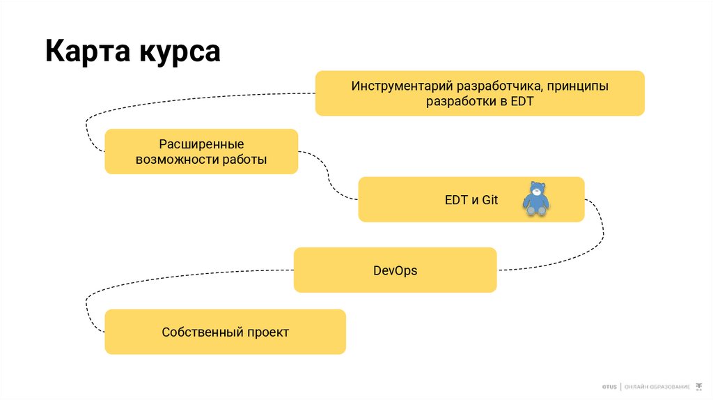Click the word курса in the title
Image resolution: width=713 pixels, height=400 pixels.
(x=178, y=52)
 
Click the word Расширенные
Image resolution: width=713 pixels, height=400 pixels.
(x=201, y=144)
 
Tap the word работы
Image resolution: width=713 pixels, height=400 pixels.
(x=244, y=160)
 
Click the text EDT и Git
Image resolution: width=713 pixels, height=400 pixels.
(x=471, y=200)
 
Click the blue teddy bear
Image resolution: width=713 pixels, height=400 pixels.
(x=536, y=199)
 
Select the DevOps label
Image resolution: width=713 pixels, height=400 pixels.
(x=395, y=270)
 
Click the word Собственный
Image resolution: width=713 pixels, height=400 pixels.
(x=201, y=332)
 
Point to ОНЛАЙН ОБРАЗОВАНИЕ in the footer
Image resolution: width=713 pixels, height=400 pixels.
(x=657, y=386)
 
